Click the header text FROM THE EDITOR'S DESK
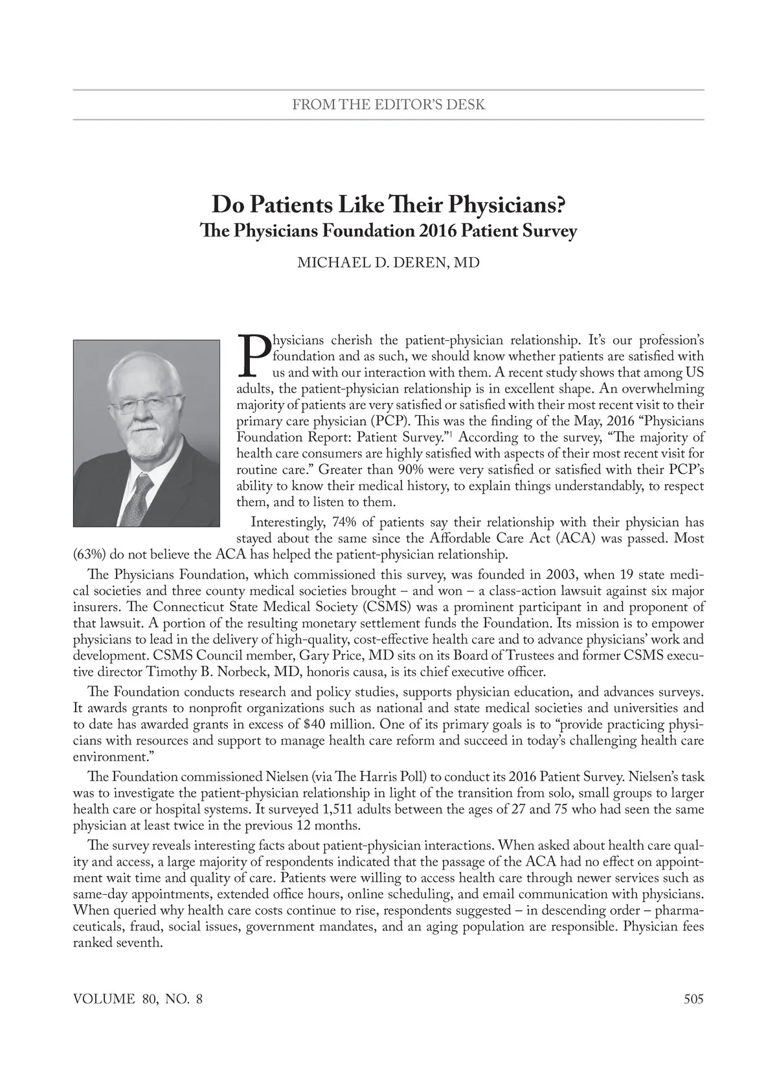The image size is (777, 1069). (388, 104)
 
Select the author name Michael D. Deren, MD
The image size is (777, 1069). (388, 263)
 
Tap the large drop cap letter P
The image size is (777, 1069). (253, 355)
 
